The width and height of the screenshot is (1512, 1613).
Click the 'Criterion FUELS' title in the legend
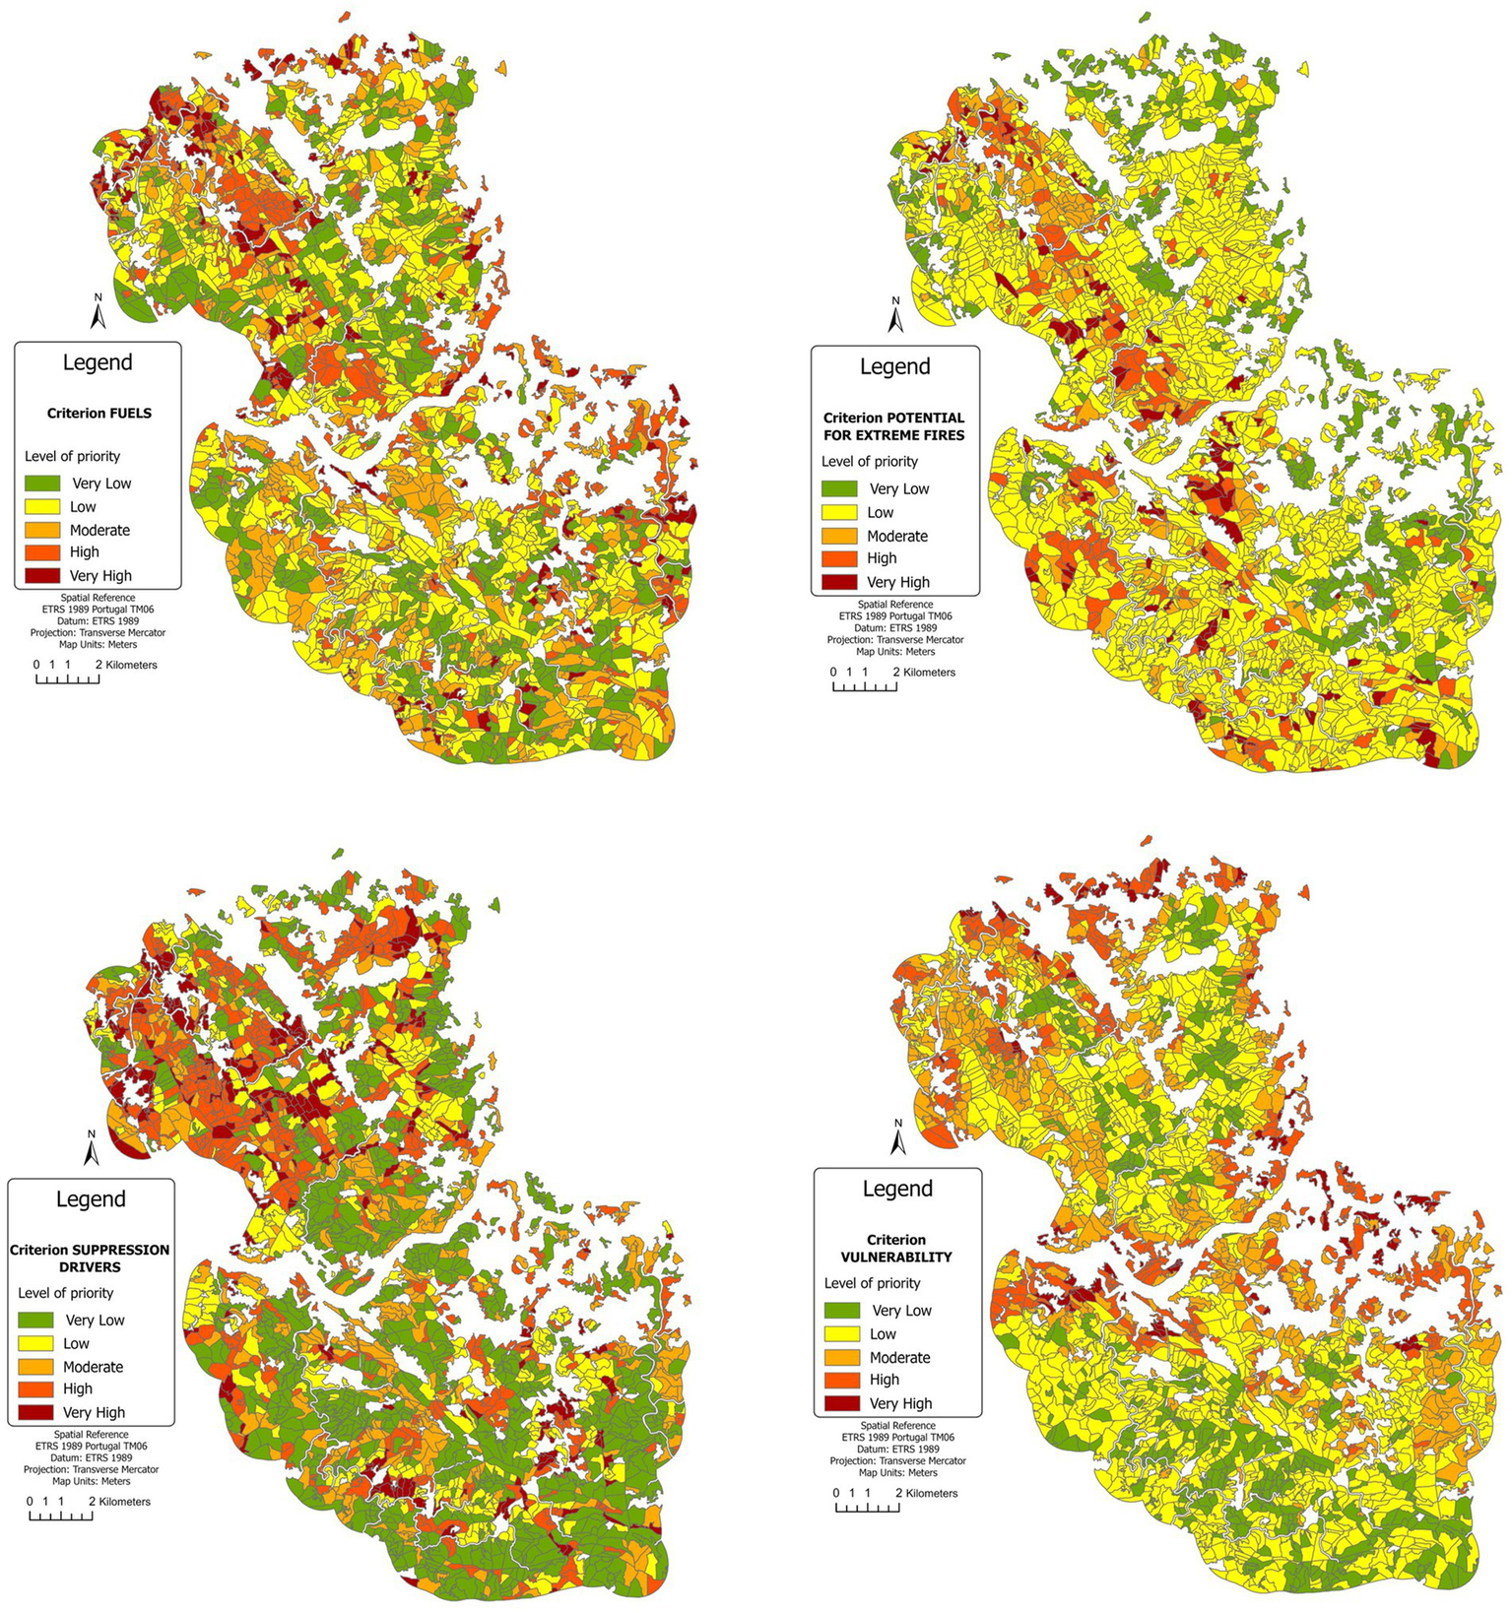coord(99,414)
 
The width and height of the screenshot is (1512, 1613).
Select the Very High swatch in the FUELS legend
coord(41,576)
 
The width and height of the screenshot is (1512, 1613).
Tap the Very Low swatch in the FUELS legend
coord(41,484)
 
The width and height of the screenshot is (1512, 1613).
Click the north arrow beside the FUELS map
coord(98,312)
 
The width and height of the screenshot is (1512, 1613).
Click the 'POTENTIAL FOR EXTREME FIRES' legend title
coord(894,426)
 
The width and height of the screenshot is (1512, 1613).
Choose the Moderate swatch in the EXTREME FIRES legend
coord(839,536)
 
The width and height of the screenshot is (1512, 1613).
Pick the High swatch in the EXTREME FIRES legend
coord(839,558)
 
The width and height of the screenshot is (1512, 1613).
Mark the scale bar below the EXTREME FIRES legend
coord(865,685)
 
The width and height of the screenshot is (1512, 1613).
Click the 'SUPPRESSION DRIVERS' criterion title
coord(91,1258)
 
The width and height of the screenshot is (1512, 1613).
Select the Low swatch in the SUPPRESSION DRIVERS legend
coord(35,1343)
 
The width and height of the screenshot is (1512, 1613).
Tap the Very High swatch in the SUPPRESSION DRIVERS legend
coord(35,1412)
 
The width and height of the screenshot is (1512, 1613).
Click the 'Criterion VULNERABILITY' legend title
coord(896,1249)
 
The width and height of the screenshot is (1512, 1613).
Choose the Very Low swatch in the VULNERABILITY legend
coord(842,1311)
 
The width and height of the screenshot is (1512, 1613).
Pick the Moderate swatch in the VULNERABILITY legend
coord(842,1357)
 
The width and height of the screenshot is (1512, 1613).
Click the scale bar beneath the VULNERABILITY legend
coord(867,1507)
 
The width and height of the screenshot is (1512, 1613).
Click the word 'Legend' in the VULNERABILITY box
coord(897,1189)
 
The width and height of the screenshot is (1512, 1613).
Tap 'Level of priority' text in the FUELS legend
coord(72,456)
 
